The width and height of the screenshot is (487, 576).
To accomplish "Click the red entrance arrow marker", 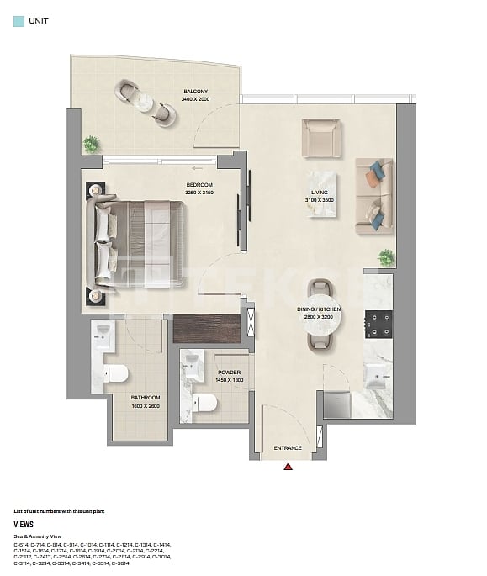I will pyautogui.click(x=288, y=466).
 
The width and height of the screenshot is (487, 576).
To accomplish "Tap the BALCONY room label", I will pyautogui.click(x=195, y=92).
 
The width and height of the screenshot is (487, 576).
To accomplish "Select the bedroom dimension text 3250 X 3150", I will pyautogui.click(x=199, y=193).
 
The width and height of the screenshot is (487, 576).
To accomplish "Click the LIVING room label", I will pyautogui.click(x=319, y=193).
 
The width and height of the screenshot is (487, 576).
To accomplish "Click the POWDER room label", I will pyautogui.click(x=229, y=372).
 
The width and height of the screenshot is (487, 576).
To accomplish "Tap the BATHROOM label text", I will pyautogui.click(x=145, y=398).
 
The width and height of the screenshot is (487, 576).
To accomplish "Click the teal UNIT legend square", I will pyautogui.click(x=19, y=23).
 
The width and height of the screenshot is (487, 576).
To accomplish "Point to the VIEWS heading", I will pyautogui.click(x=24, y=524).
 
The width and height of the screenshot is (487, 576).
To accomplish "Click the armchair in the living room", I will pyautogui.click(x=320, y=138).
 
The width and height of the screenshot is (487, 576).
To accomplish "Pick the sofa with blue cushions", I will pyautogui.click(x=373, y=196).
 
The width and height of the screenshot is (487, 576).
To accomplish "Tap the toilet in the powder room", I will pyautogui.click(x=203, y=404).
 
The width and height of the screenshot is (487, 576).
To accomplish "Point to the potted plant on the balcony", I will pyautogui.click(x=91, y=144).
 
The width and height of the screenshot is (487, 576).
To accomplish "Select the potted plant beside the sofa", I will pyautogui.click(x=386, y=257).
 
